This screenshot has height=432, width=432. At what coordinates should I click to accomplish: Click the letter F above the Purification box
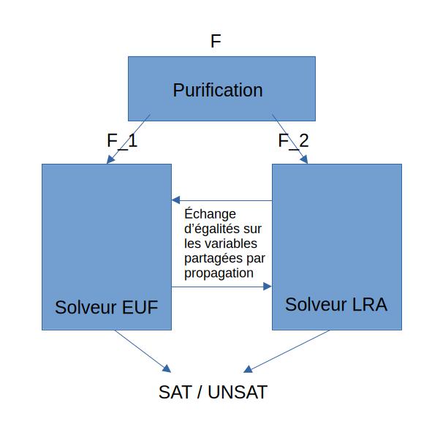pyautogui.click(x=216, y=41)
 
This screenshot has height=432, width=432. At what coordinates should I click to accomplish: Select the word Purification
pyautogui.click(x=218, y=90)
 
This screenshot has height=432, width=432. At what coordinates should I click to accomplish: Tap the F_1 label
pyautogui.click(x=122, y=141)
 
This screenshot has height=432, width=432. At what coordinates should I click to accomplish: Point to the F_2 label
pyautogui.click(x=293, y=141)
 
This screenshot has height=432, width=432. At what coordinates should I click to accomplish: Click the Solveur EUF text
pyautogui.click(x=106, y=307)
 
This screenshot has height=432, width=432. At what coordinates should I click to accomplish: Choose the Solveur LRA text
pyautogui.click(x=336, y=304)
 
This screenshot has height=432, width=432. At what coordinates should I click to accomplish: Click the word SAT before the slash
pyautogui.click(x=175, y=392)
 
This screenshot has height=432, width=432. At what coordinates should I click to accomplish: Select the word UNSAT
pyautogui.click(x=238, y=392)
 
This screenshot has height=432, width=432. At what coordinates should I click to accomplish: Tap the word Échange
pyautogui.click(x=210, y=213)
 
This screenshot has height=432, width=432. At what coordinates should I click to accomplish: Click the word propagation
pyautogui.click(x=219, y=273)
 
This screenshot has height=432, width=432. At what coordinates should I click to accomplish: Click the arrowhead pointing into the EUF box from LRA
pyautogui.click(x=175, y=200)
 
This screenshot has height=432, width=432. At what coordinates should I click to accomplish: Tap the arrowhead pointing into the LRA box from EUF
pyautogui.click(x=268, y=287)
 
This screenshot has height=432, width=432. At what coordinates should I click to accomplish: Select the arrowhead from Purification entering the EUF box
pyautogui.click(x=110, y=159)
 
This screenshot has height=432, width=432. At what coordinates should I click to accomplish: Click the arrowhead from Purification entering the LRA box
pyautogui.click(x=304, y=159)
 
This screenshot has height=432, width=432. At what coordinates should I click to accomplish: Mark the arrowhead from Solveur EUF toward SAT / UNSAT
pyautogui.click(x=167, y=368)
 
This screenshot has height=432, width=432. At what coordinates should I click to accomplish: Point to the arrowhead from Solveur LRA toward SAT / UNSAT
pyautogui.click(x=248, y=369)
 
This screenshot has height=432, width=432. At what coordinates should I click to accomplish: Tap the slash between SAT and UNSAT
pyautogui.click(x=200, y=392)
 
